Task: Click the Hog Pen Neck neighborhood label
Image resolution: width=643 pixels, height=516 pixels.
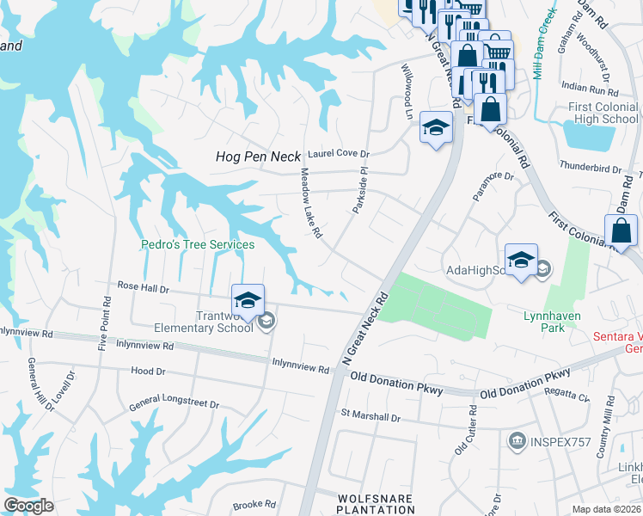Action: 257,157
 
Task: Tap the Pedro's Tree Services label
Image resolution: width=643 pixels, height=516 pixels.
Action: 198,245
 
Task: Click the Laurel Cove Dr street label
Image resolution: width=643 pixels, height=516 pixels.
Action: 338,154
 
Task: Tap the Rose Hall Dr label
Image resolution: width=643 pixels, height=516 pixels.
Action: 143,288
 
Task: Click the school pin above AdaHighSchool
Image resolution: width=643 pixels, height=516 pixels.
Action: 521,260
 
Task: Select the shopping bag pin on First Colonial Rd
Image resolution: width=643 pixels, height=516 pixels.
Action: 621,231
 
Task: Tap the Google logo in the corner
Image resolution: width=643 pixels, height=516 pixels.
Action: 28,506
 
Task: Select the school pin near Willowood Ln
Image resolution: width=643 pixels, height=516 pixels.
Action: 436,129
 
